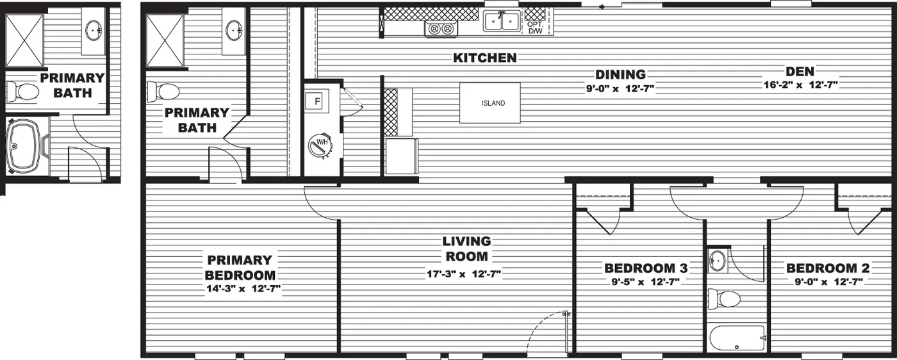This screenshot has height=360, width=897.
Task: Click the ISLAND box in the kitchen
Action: [x=490, y=103]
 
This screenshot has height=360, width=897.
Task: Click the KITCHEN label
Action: [x=485, y=58]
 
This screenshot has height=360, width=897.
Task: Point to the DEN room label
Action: [x=800, y=72]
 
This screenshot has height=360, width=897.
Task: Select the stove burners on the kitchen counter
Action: [x=440, y=29]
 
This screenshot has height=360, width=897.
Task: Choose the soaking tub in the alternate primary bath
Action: [x=26, y=145]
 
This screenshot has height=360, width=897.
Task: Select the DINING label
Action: [x=620, y=74]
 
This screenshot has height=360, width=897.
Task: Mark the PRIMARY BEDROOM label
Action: [x=240, y=267]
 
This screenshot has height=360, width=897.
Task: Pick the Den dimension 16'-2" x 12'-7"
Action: [x=800, y=85]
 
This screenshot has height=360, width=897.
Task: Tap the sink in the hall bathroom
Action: [x=718, y=261]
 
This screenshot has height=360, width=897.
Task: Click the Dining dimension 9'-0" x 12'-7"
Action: [x=620, y=88]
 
